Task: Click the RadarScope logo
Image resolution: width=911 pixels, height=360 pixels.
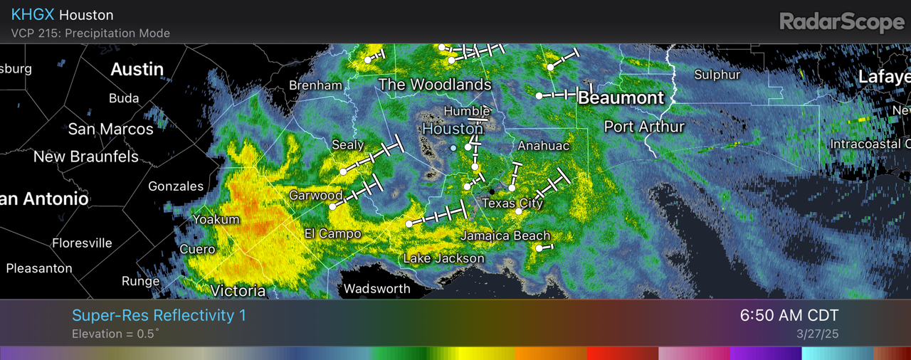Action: (x=842, y=22)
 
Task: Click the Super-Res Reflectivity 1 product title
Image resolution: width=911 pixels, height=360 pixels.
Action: (x=159, y=315)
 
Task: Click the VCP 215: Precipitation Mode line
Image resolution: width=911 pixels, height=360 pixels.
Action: (x=90, y=33)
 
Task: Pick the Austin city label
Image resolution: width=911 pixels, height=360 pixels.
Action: (x=137, y=69)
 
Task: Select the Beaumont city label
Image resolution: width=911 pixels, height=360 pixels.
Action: (x=621, y=97)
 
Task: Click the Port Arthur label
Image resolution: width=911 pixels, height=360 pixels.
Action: (x=644, y=127)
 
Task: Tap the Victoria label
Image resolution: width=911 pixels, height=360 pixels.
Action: (x=238, y=290)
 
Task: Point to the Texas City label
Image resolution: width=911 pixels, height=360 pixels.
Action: (x=512, y=203)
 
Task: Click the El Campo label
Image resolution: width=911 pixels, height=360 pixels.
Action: (x=332, y=233)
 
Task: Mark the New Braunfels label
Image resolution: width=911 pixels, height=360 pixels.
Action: (x=86, y=157)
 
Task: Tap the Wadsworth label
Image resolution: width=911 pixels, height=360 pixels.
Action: (x=376, y=289)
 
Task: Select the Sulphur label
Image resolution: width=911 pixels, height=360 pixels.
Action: (x=717, y=75)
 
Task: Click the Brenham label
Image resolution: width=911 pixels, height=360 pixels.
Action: (x=315, y=85)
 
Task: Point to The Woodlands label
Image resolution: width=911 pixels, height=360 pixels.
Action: (x=435, y=85)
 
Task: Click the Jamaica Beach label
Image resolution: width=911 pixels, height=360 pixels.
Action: (x=505, y=235)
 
